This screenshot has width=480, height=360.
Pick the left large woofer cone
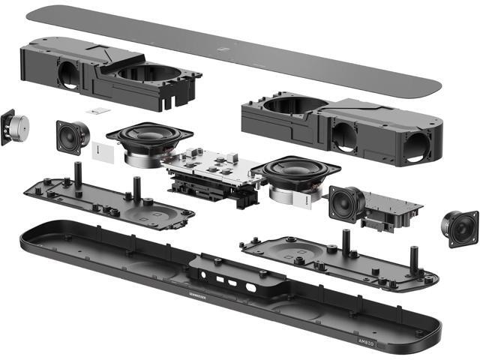[x=149, y=138]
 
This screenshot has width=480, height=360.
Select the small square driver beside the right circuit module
[x=346, y=202]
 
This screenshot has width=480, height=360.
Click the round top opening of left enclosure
[x=150, y=73]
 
